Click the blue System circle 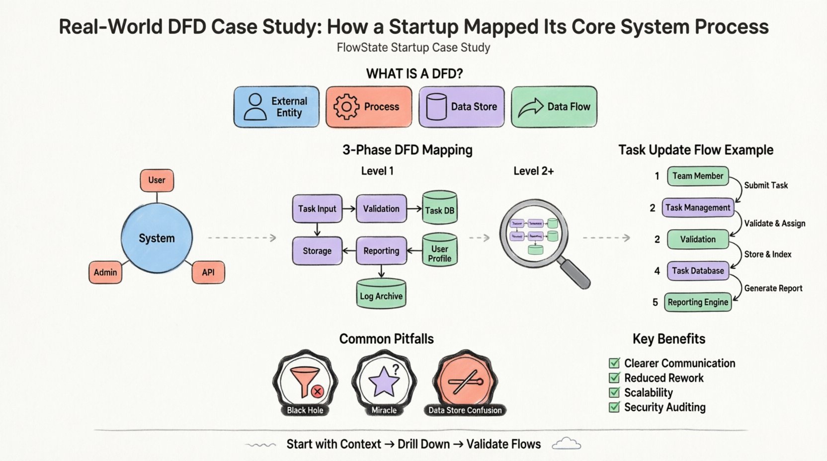(157, 238)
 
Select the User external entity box (157, 180)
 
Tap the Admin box (105, 272)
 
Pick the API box (208, 272)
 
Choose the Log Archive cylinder (381, 294)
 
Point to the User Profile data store (439, 251)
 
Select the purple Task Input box (317, 209)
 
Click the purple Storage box (317, 251)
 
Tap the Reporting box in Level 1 (381, 251)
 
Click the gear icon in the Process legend (346, 106)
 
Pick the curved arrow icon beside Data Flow (531, 107)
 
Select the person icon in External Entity (255, 107)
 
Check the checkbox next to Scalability (615, 392)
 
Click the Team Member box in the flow (698, 176)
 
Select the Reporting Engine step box (698, 302)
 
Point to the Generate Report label (773, 288)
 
